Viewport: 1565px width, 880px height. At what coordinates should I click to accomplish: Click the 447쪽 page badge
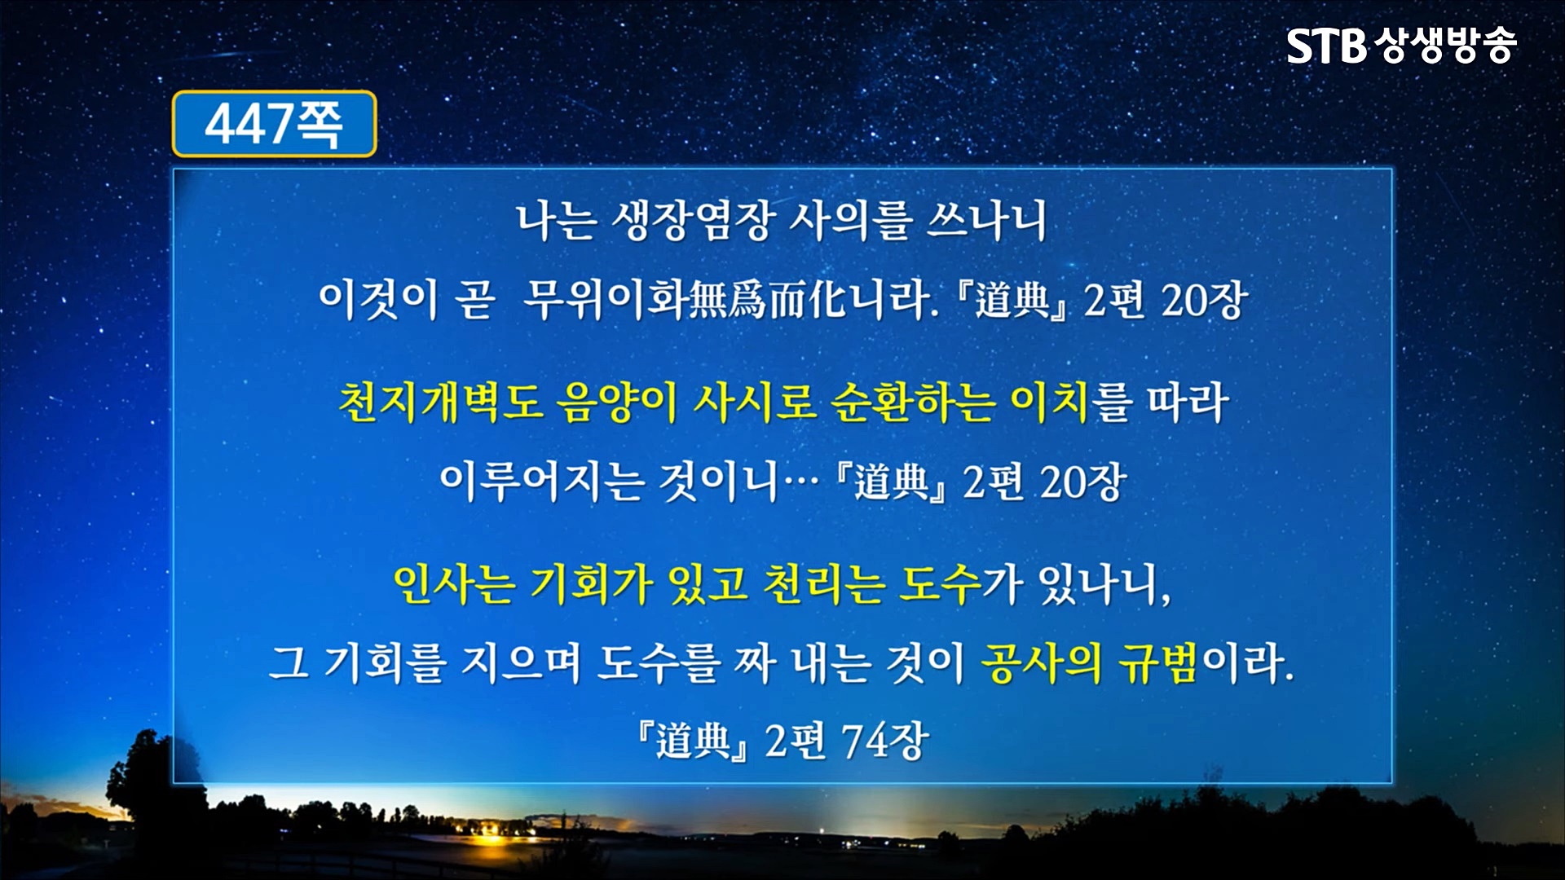(x=274, y=124)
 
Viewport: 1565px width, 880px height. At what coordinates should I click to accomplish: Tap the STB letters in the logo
(x=1326, y=46)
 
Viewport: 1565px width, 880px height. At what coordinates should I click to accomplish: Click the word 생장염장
(x=691, y=221)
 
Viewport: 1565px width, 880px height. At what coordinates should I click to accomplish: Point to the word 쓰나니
(x=986, y=221)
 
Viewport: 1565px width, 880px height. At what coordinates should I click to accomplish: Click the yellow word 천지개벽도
(x=440, y=403)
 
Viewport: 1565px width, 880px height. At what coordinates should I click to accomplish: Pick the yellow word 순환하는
(x=913, y=403)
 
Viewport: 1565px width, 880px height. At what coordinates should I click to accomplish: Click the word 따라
(x=1188, y=403)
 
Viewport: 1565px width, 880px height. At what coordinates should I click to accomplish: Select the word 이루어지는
(x=541, y=482)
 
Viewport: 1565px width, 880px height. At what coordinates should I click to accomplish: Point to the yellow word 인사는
(x=454, y=583)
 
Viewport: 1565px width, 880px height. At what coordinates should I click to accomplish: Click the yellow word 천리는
(x=823, y=583)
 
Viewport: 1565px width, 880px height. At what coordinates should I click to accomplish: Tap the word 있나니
(x=1104, y=585)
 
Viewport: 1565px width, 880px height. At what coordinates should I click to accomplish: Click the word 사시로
(x=754, y=403)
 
